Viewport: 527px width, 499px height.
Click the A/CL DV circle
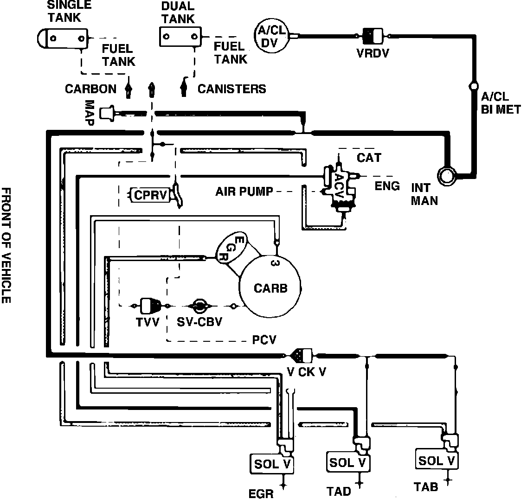(x=271, y=36)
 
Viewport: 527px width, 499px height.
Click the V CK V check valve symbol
(x=302, y=356)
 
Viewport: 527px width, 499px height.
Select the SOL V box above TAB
(x=437, y=460)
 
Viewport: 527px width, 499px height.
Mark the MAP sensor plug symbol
(x=108, y=113)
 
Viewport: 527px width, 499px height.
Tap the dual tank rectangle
(x=180, y=36)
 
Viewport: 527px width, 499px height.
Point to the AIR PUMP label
(x=244, y=191)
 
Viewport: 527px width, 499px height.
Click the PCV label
(x=264, y=340)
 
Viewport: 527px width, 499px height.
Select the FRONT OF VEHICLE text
(x=6, y=245)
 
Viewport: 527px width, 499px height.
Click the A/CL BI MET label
(x=501, y=103)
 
